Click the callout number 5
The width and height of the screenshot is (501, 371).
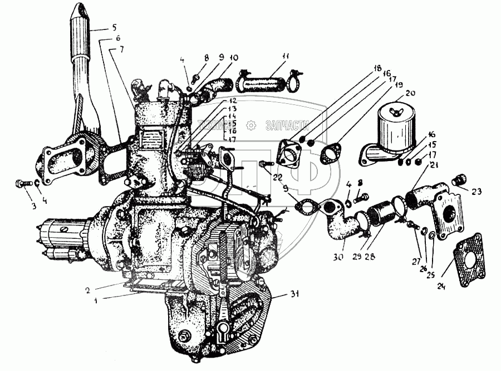coord(114,27)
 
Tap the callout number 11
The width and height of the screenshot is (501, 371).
coord(285,56)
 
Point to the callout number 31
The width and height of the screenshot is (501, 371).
coord(293,294)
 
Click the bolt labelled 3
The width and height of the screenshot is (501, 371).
coord(22,183)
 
